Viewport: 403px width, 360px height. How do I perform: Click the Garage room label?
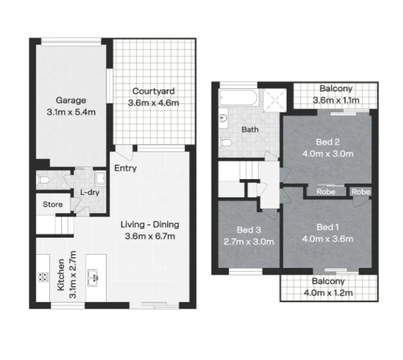click(70, 101)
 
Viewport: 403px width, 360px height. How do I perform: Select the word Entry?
click(125, 168)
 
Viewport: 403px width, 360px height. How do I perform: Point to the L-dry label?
click(90, 192)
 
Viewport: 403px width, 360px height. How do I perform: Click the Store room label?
click(53, 205)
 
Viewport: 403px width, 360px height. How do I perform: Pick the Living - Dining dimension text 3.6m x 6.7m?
click(150, 237)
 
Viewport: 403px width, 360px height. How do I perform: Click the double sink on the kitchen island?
click(93, 278)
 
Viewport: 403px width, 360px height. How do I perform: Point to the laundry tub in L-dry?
click(100, 179)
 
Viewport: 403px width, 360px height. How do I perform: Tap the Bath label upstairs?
click(250, 130)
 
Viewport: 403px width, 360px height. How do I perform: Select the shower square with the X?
click(274, 101)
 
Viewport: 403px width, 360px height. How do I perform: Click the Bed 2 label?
click(327, 142)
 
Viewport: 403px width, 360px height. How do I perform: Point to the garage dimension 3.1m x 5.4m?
click(71, 112)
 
